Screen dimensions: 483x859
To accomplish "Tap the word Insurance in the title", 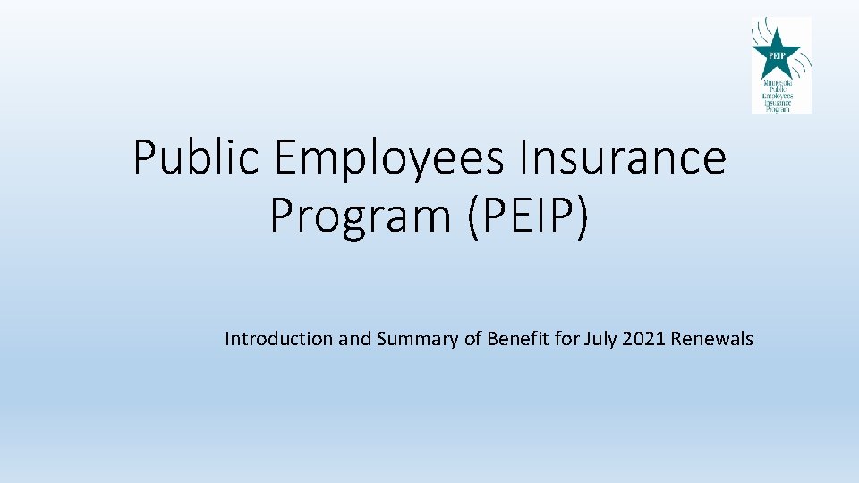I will pos(624,158).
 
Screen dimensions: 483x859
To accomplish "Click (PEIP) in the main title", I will pos(527,216).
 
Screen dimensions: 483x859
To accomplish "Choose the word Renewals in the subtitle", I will pos(712,339).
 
